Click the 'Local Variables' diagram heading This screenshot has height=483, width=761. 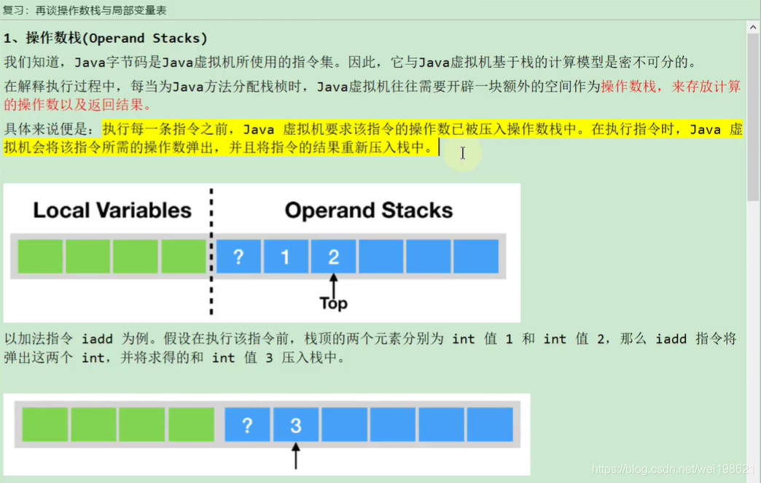tap(112, 211)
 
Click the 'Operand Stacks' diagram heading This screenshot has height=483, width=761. tap(368, 211)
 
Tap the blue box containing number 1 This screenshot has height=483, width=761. tap(285, 256)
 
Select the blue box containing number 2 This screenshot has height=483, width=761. tap(333, 256)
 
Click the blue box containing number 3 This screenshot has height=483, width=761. tap(295, 425)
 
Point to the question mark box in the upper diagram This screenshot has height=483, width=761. tap(238, 256)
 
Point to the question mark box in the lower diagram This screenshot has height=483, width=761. tap(247, 425)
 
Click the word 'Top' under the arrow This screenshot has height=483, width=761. tap(333, 303)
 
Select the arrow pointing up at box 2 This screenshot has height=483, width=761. tap(333, 284)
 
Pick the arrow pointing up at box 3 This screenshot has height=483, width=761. tap(295, 457)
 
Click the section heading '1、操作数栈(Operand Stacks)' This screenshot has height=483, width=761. tap(106, 38)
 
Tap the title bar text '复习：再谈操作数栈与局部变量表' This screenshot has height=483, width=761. tap(84, 9)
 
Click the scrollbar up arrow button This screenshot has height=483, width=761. tap(753, 28)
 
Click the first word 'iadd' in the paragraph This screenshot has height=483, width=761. tap(97, 339)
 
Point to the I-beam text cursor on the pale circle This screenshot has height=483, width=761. tap(462, 153)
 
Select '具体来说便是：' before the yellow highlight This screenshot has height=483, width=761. tap(51, 130)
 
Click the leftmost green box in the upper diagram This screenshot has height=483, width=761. tap(40, 256)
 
